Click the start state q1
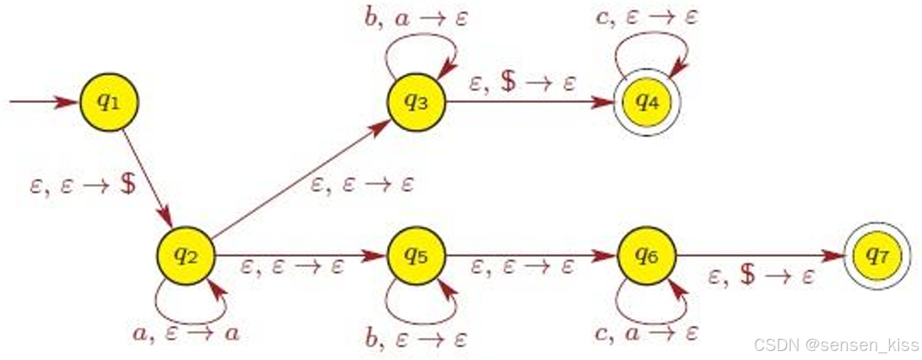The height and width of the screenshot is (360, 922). pos(109,102)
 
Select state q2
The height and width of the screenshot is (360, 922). pos(186,256)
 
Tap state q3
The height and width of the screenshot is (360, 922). pos(416,102)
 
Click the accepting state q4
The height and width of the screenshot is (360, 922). pos(647,102)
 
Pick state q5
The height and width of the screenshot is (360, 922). pos(416,256)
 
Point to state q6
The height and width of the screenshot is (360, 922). pos(647,256)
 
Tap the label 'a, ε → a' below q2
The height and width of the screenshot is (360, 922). pos(186,334)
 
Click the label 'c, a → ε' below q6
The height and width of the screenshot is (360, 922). pos(647,334)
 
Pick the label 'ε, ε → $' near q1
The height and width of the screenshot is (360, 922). pos(83,186)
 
